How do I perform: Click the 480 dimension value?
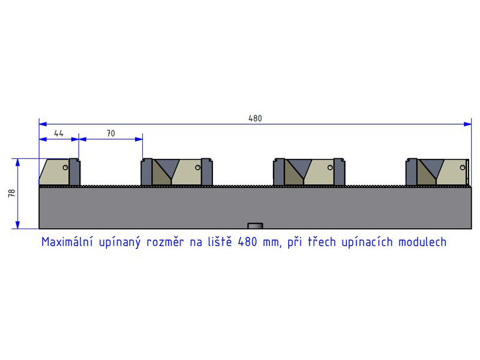pos(255,118)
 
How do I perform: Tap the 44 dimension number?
pos(58,133)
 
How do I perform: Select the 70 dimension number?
pos(111,133)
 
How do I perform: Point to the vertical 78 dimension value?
pos(11,193)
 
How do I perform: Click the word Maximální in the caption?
pos(67,242)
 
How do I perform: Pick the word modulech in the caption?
pos(422,242)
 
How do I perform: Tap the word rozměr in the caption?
pos(165,242)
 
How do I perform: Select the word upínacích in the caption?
pos(367,242)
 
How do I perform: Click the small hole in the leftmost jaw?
pos(65,167)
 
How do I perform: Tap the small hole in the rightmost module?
pos(463,167)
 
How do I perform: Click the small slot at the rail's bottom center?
pos(256,226)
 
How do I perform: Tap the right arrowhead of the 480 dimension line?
pos(468,124)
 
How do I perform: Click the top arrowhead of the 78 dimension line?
pos(18,162)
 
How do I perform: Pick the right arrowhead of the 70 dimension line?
pos(139,139)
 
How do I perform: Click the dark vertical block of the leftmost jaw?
pos(74,172)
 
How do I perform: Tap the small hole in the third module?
pos(330,167)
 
